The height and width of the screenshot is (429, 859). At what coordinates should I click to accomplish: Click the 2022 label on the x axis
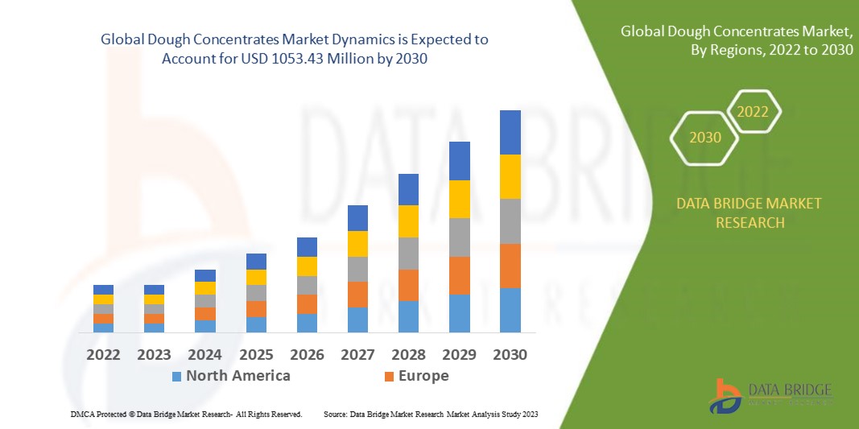(x=103, y=355)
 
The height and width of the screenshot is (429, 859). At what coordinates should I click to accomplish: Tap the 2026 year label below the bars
(x=307, y=355)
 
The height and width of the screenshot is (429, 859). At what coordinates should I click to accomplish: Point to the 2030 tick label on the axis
(x=510, y=355)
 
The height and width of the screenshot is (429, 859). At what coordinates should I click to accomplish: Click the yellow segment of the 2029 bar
(x=460, y=199)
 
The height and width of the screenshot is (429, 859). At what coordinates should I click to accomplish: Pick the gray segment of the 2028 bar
(x=409, y=254)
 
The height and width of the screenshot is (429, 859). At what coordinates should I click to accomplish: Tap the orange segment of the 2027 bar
(x=357, y=295)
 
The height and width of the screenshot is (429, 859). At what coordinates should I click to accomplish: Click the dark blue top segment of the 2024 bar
(x=205, y=275)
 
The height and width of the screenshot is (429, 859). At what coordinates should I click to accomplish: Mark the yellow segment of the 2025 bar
(x=256, y=277)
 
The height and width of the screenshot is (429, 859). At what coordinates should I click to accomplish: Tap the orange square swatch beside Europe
(x=390, y=376)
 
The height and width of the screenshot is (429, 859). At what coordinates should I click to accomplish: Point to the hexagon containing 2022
(x=754, y=112)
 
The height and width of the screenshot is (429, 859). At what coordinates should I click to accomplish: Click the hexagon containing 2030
(x=705, y=138)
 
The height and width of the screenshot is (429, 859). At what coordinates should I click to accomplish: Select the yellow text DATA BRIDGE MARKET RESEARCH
(x=750, y=213)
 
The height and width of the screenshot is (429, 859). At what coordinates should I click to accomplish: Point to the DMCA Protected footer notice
(x=186, y=414)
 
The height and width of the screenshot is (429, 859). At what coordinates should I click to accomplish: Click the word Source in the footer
(x=335, y=414)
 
